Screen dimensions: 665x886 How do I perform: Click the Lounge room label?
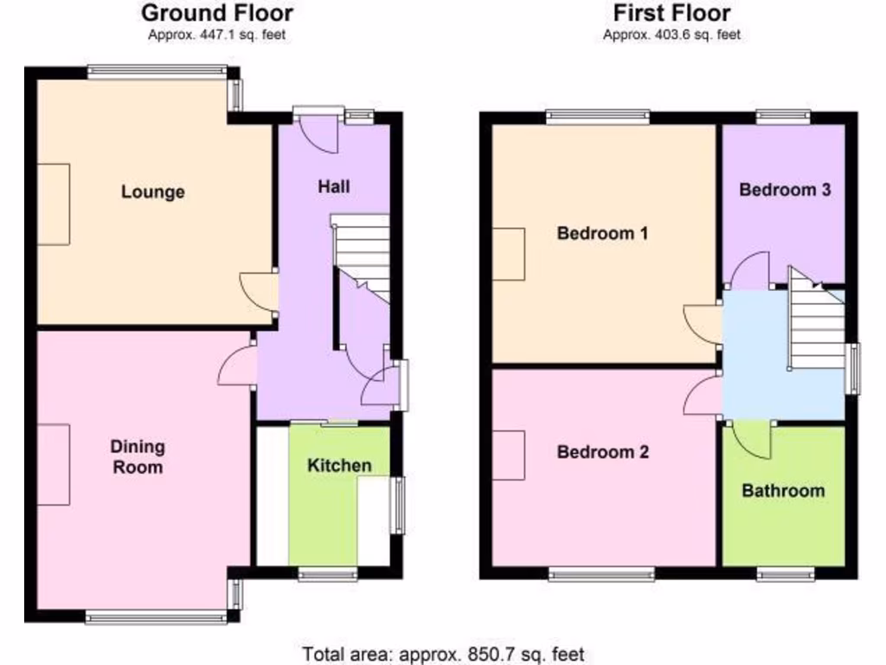pyautogui.click(x=152, y=191)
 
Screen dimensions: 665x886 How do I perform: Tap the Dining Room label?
pyautogui.click(x=138, y=456)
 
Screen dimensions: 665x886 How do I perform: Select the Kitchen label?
pyautogui.click(x=340, y=465)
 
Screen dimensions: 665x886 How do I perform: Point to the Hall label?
pyautogui.click(x=334, y=185)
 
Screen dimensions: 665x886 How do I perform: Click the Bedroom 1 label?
pyautogui.click(x=602, y=233)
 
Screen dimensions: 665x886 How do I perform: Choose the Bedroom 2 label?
pyautogui.click(x=602, y=452)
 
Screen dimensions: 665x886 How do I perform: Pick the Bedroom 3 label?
pyautogui.click(x=785, y=190)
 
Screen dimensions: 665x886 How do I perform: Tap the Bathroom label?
pyautogui.click(x=783, y=490)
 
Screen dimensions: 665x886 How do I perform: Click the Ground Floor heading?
pyautogui.click(x=216, y=13)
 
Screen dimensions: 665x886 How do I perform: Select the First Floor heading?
pyautogui.click(x=671, y=13)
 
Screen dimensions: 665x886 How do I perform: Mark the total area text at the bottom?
pyautogui.click(x=443, y=653)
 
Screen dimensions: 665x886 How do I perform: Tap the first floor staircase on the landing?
pyautogui.click(x=818, y=325)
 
